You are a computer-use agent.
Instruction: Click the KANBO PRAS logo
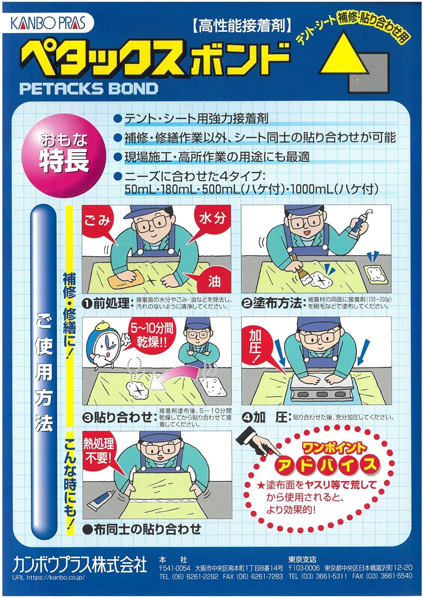click(x=48, y=23)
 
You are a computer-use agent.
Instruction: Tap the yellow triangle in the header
click(x=343, y=56)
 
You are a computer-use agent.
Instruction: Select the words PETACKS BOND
click(x=89, y=88)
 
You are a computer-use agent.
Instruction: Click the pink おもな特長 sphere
click(x=64, y=153)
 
